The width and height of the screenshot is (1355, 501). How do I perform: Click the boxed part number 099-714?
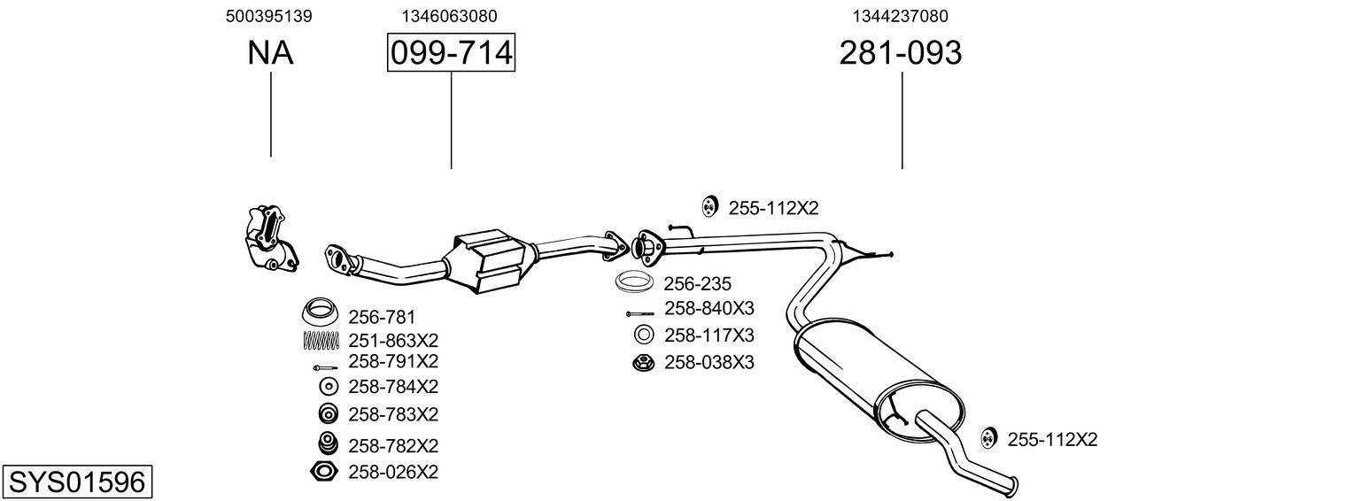451,53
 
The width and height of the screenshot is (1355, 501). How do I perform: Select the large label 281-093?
900,53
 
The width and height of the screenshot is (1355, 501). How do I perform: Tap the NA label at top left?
270,53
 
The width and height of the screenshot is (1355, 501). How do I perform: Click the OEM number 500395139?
268,16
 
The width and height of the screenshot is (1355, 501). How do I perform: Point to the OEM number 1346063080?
449,16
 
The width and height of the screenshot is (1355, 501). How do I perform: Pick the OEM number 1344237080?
901,16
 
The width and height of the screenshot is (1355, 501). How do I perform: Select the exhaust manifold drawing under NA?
269,237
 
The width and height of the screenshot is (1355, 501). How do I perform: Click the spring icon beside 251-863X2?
321,340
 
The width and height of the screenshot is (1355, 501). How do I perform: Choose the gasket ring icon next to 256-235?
635,283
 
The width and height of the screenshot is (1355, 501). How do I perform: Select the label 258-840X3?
708,309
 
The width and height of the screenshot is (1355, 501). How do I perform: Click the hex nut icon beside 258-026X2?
324,472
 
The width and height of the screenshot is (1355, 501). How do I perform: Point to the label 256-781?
382,316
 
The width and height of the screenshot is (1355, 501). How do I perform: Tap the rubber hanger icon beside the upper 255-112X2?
708,207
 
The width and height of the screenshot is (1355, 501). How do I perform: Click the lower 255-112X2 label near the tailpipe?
1052,439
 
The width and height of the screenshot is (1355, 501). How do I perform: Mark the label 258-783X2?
393,414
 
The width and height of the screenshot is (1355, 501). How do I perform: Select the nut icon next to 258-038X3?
643,362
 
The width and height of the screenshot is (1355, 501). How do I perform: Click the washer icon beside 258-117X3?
644,335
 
